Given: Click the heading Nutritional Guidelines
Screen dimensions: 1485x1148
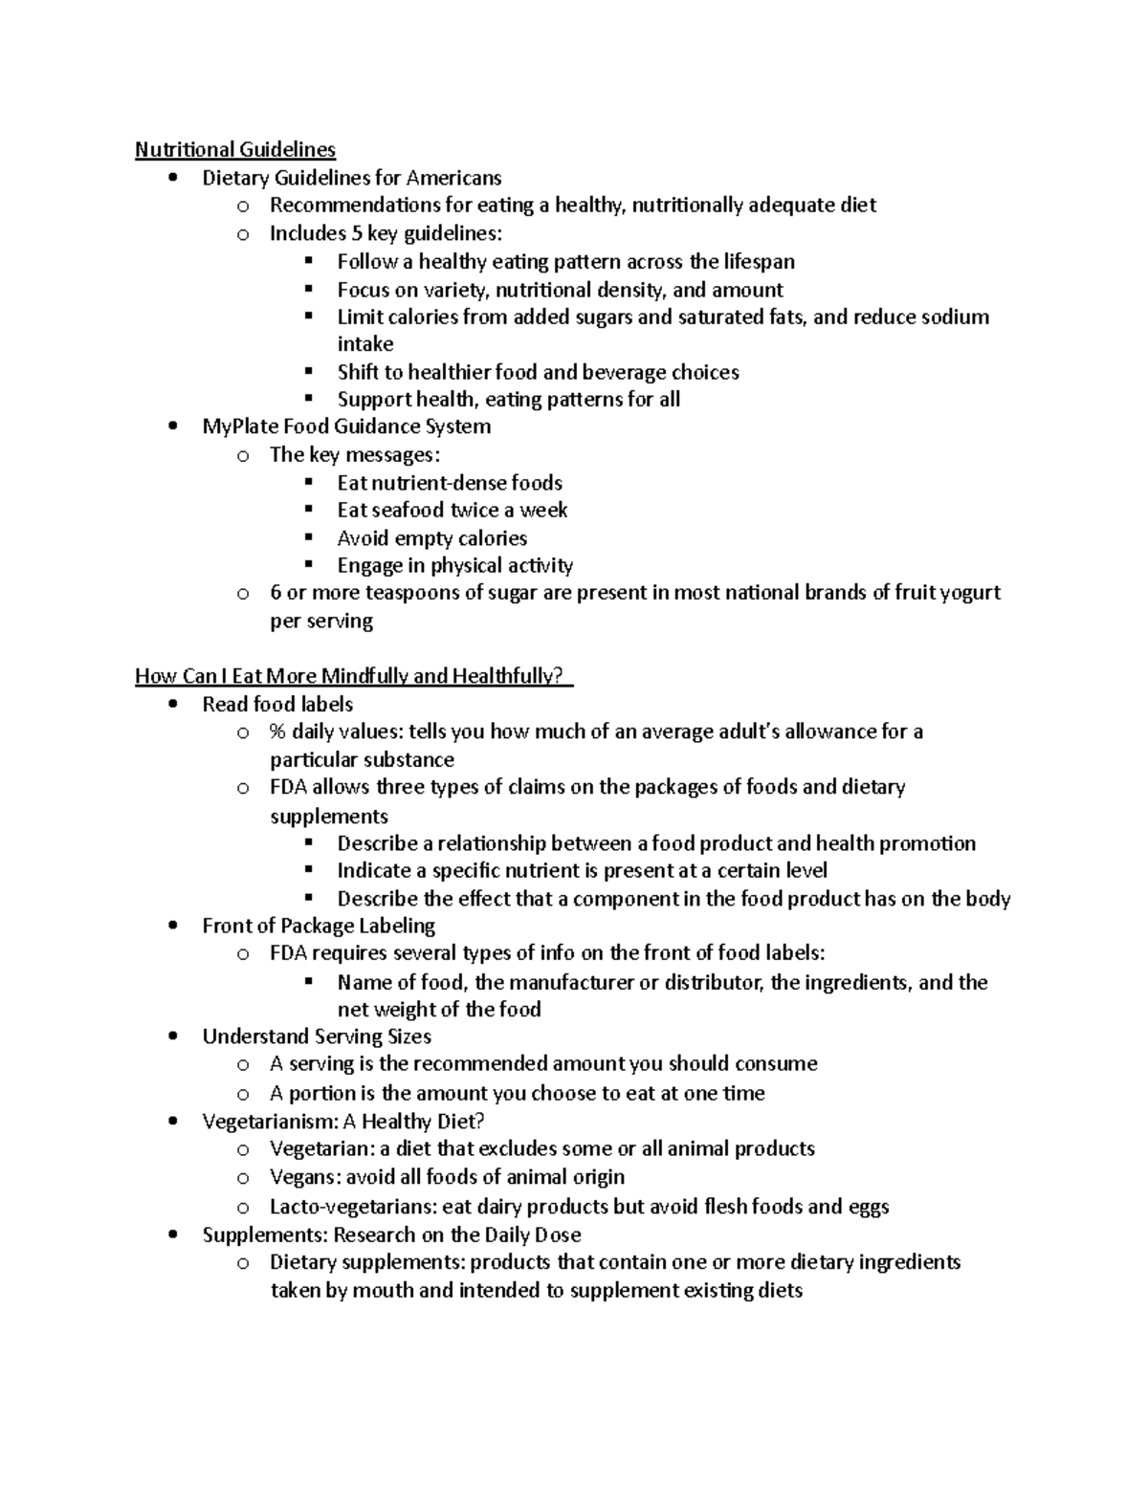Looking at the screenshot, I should coord(235,149).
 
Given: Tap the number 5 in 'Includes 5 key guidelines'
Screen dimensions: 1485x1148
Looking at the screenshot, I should coord(357,233).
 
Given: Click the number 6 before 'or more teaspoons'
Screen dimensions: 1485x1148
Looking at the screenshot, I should coord(276,593).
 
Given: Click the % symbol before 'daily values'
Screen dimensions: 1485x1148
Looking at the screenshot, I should coord(278,732).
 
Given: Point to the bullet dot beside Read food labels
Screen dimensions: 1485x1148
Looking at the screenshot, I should coord(172,705).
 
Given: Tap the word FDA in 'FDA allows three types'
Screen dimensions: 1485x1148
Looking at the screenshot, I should coord(289,787).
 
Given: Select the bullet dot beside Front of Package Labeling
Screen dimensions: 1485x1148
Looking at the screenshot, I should coord(172,926).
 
